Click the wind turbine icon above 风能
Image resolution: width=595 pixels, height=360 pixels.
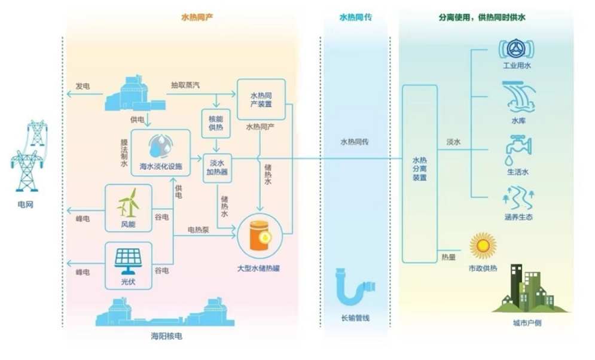point(128,203)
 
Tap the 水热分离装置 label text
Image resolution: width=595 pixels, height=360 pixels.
point(419,169)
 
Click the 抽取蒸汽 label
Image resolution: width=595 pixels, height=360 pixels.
point(185,86)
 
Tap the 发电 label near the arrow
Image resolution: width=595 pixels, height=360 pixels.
point(83,86)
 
